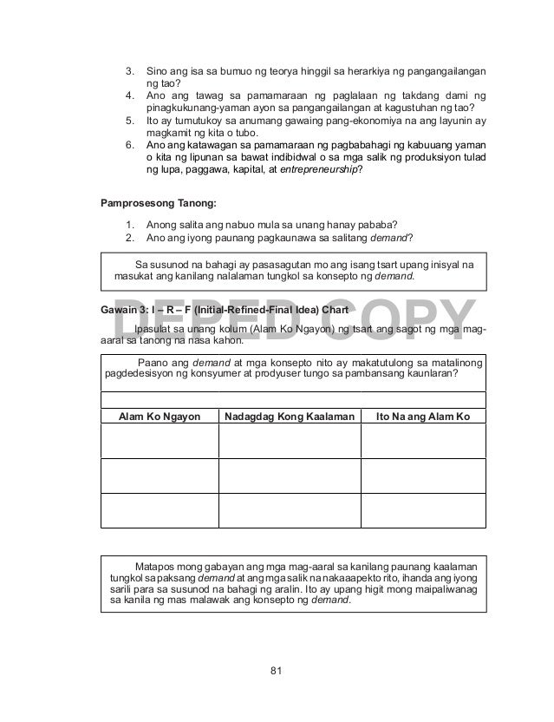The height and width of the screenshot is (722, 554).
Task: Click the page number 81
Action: click(x=277, y=669)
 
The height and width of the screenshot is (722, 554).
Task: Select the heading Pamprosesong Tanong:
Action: click(x=148, y=204)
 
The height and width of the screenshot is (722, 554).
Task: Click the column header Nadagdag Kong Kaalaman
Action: click(x=290, y=417)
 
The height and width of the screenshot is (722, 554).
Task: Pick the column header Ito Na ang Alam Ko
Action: click(x=423, y=417)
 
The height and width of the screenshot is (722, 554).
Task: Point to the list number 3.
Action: click(x=130, y=69)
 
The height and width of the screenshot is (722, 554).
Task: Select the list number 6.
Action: click(x=130, y=144)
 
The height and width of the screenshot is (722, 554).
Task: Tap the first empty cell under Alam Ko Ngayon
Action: click(x=160, y=441)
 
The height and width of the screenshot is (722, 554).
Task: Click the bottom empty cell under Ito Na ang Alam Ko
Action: click(x=423, y=509)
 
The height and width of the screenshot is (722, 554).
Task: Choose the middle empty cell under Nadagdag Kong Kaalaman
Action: click(x=290, y=475)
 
